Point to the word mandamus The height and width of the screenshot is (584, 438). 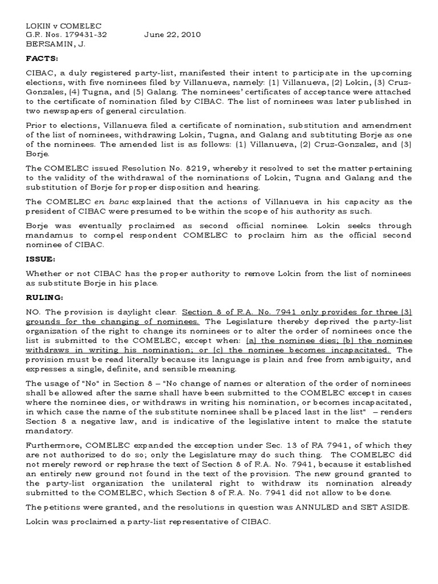[x=52, y=236]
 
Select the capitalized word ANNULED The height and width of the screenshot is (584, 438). [x=319, y=509]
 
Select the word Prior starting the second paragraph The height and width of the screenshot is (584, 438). [x=37, y=125]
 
